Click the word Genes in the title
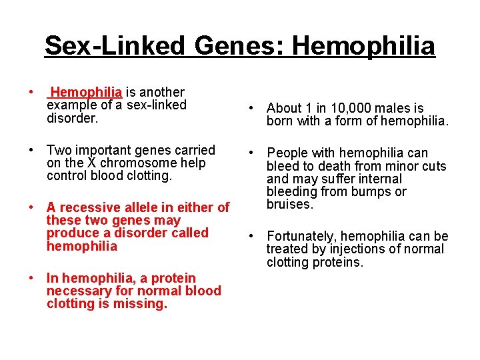coord(239,46)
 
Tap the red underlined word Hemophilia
coord(86,92)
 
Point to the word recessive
coord(89,207)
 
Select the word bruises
coord(289,204)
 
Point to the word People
coord(286,153)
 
